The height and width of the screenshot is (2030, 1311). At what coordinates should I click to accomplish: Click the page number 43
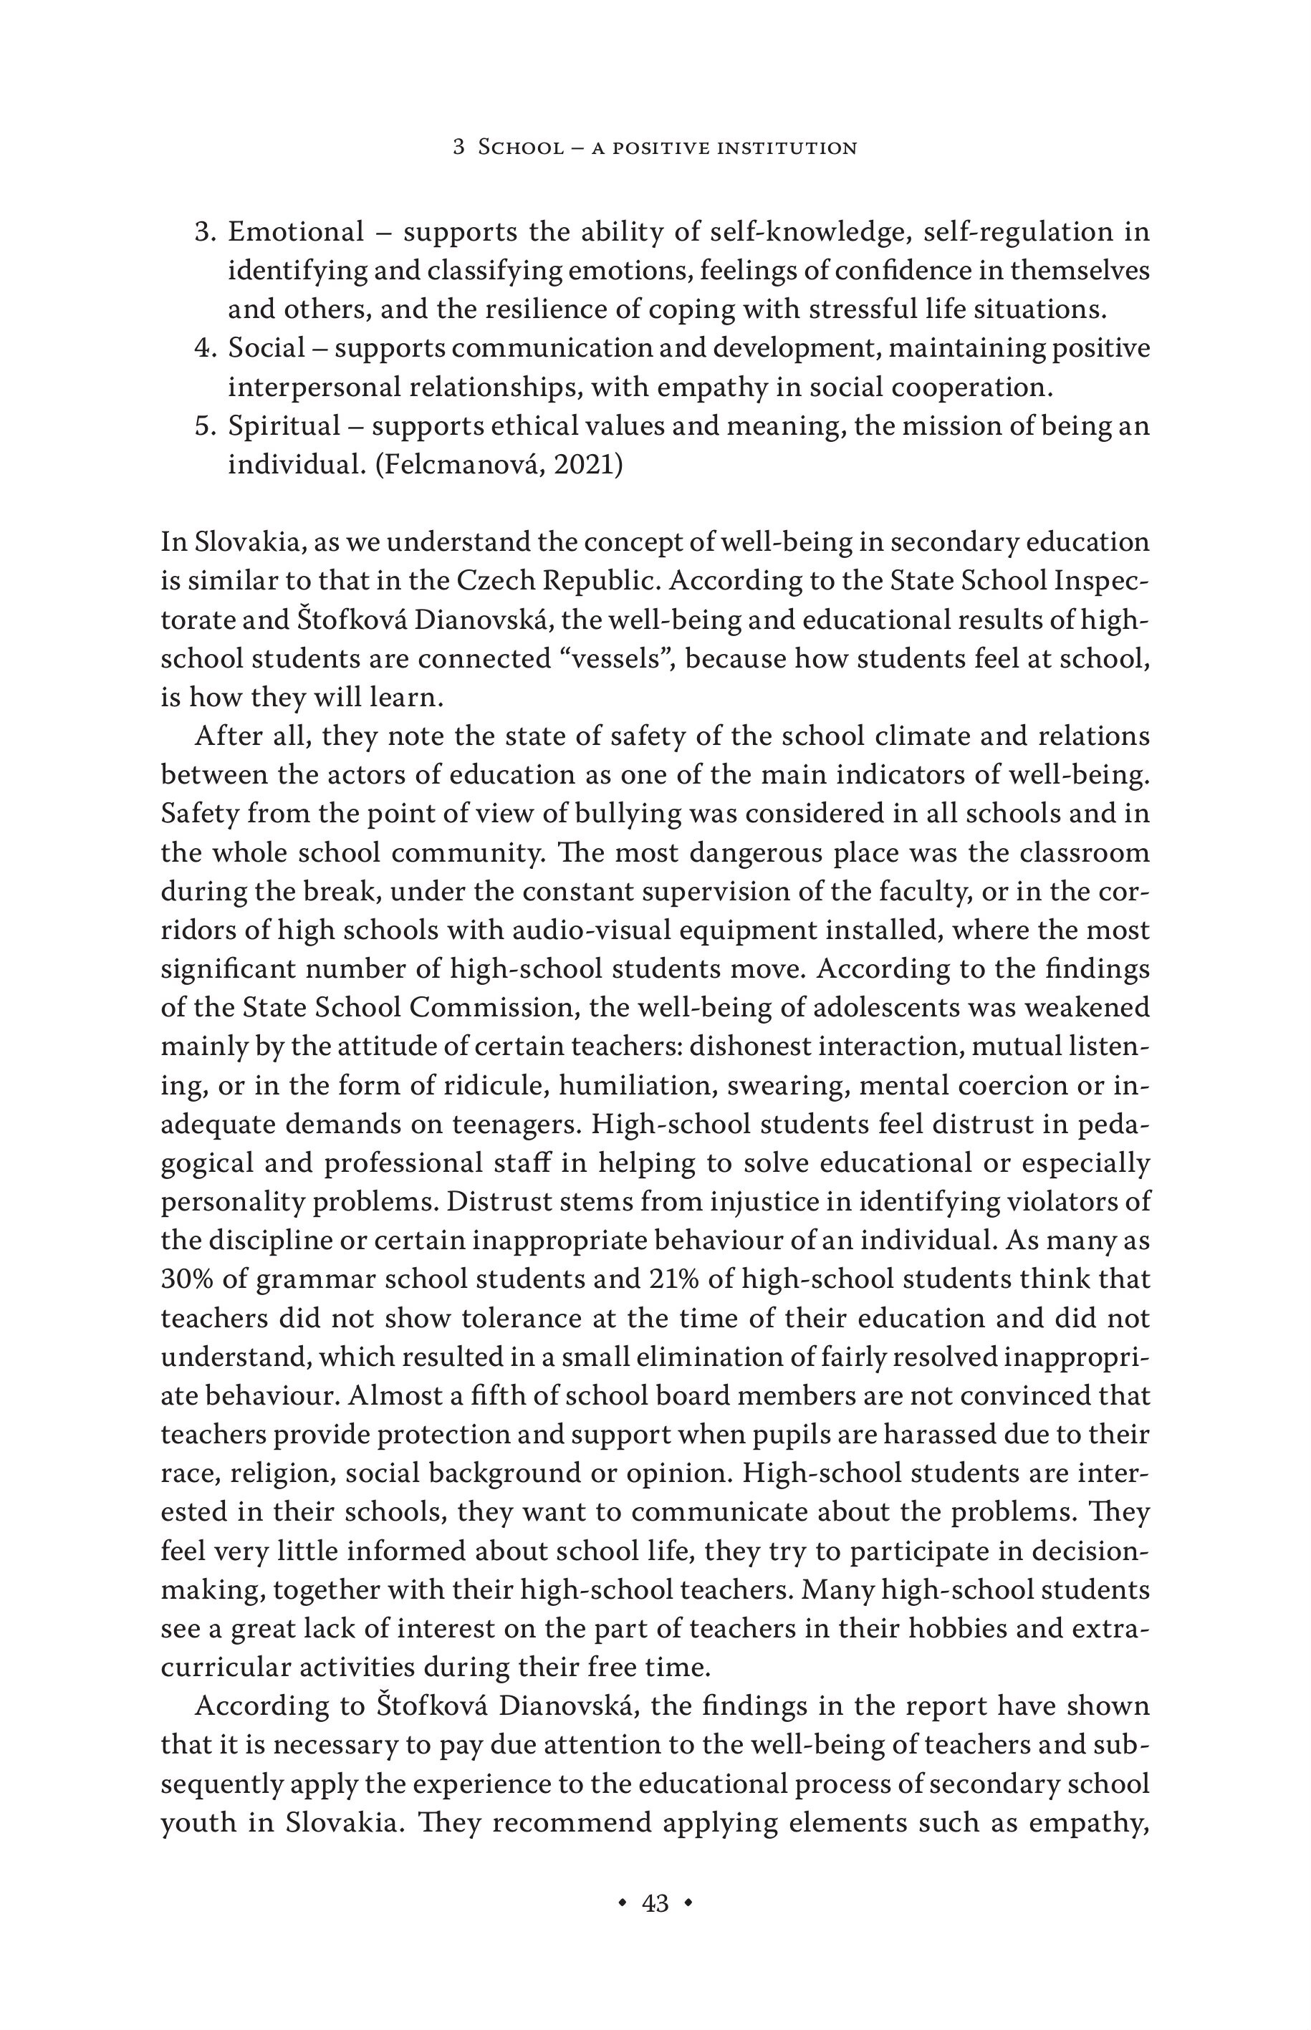pyautogui.click(x=655, y=1902)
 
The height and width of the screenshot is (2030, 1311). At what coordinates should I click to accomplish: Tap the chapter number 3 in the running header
pyautogui.click(x=458, y=148)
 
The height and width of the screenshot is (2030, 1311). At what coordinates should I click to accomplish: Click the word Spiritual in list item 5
pyautogui.click(x=284, y=425)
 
